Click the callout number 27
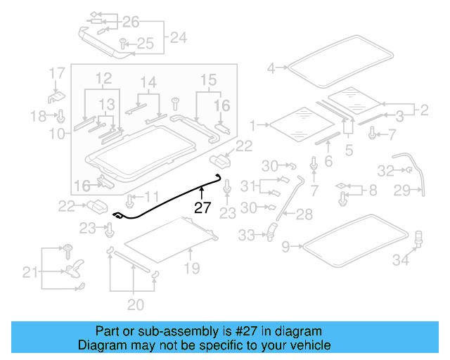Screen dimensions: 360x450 (x=202, y=207)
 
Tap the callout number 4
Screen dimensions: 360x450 (x=271, y=68)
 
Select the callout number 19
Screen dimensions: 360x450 (x=191, y=268)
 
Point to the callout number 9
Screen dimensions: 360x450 (x=285, y=246)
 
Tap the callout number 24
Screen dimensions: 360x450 (x=178, y=37)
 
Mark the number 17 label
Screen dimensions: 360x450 (x=56, y=73)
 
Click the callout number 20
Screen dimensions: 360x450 (x=135, y=304)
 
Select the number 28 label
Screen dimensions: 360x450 (x=304, y=213)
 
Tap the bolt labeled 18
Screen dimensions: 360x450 (x=60, y=115)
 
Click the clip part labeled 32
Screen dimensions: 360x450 (x=407, y=169)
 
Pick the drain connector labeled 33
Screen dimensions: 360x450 (x=269, y=229)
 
